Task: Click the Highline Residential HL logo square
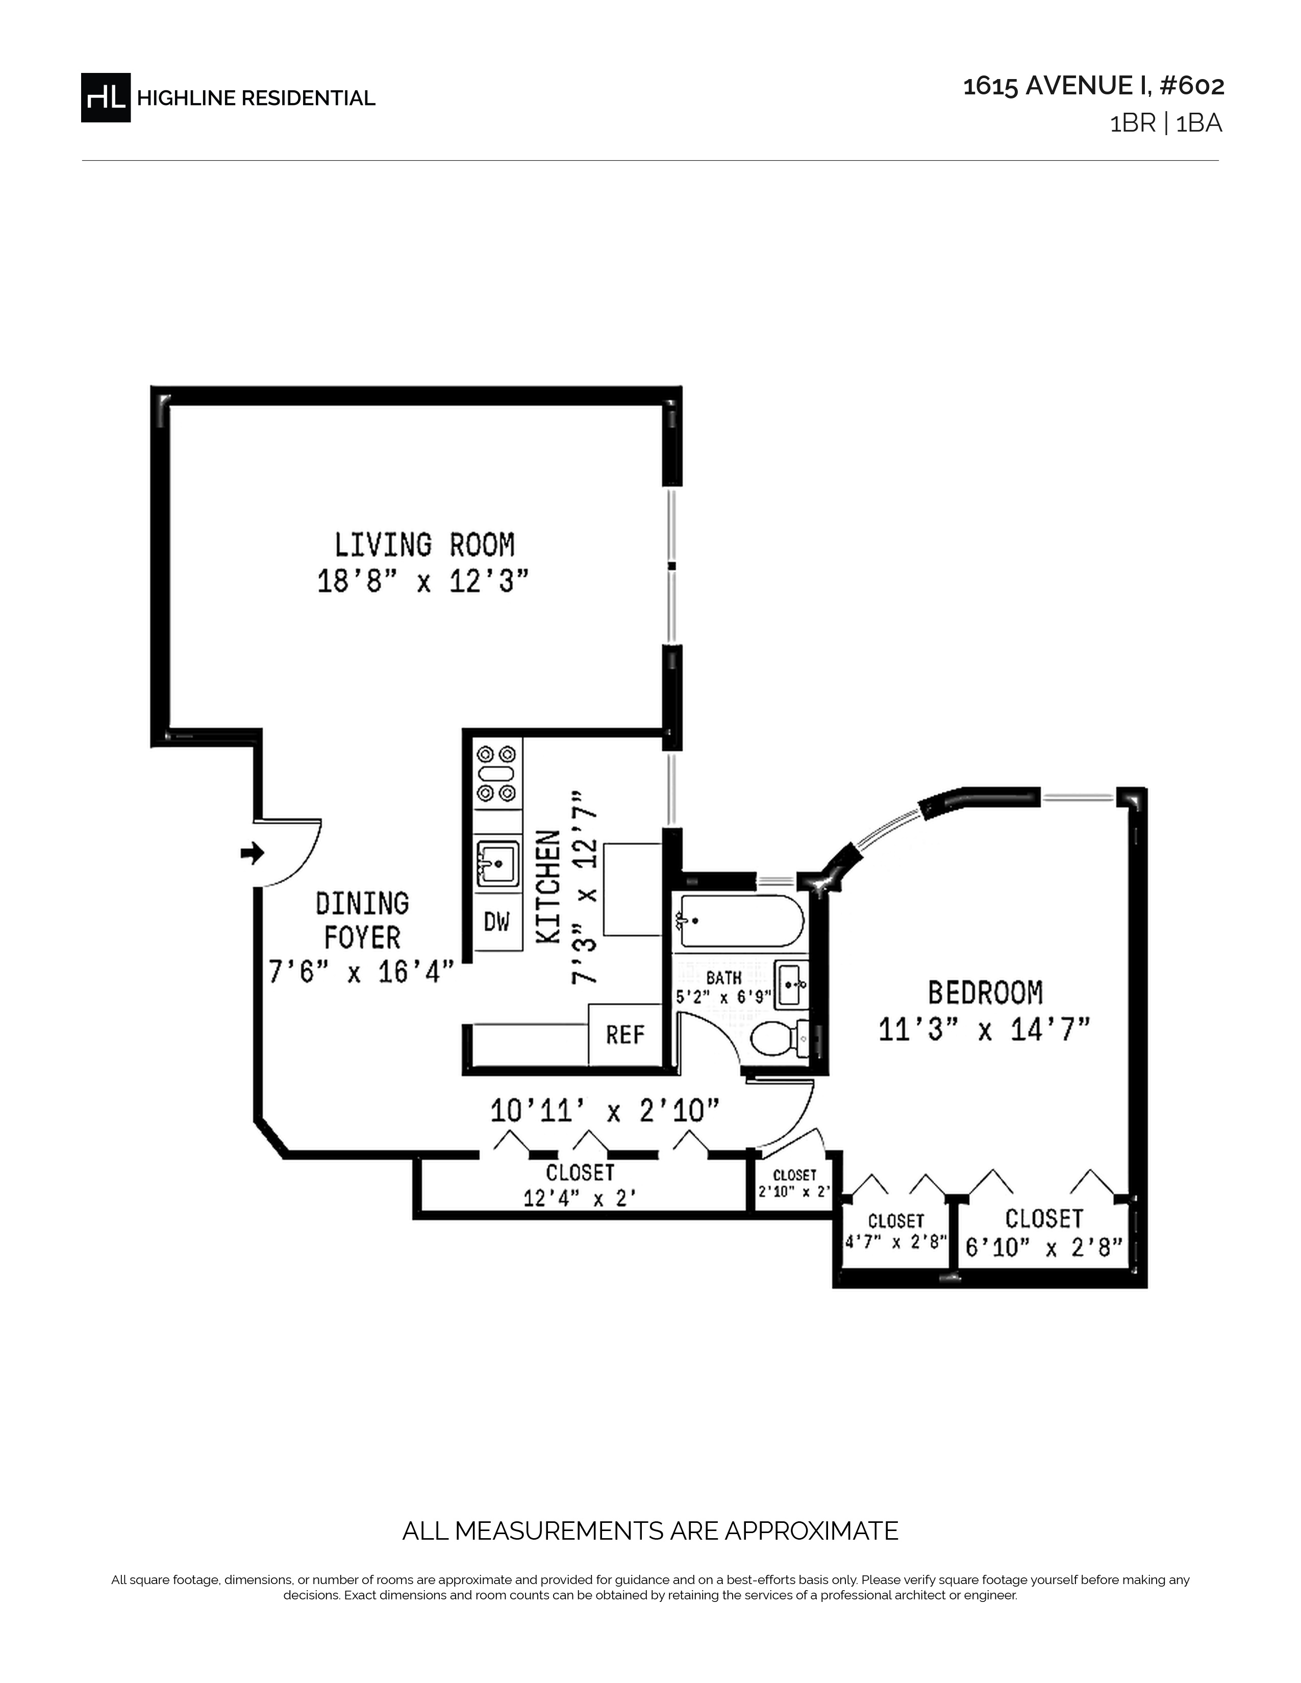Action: [106, 98]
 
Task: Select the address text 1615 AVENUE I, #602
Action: [1094, 86]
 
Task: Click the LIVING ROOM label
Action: [424, 545]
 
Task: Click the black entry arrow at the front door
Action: [253, 853]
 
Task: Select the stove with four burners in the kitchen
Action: [497, 774]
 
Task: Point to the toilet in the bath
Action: [780, 1039]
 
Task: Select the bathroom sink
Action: [791, 985]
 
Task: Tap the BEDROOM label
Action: [985, 992]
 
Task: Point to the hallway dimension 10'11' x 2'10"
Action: [606, 1112]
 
